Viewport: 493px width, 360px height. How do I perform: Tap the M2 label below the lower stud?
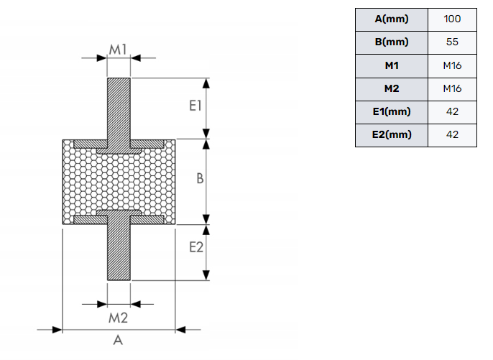(118, 317)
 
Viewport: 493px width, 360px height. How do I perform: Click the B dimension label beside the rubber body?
(201, 179)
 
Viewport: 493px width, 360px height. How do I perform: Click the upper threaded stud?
(119, 108)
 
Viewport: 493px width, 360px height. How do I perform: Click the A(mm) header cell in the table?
(392, 19)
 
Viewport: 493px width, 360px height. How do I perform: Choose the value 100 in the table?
(452, 19)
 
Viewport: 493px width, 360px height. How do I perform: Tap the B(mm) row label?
(392, 42)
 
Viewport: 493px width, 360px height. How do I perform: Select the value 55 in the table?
(452, 42)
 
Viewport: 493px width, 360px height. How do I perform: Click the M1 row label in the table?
(392, 65)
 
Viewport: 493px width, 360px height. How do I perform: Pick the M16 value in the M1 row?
(452, 65)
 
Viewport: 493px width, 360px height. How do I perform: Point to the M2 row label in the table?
(392, 88)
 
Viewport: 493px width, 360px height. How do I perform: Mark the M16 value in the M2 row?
(452, 88)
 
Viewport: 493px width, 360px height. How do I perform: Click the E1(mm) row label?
(392, 111)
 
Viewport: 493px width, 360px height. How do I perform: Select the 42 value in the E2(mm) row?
(452, 134)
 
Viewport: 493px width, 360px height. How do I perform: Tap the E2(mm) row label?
(392, 134)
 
